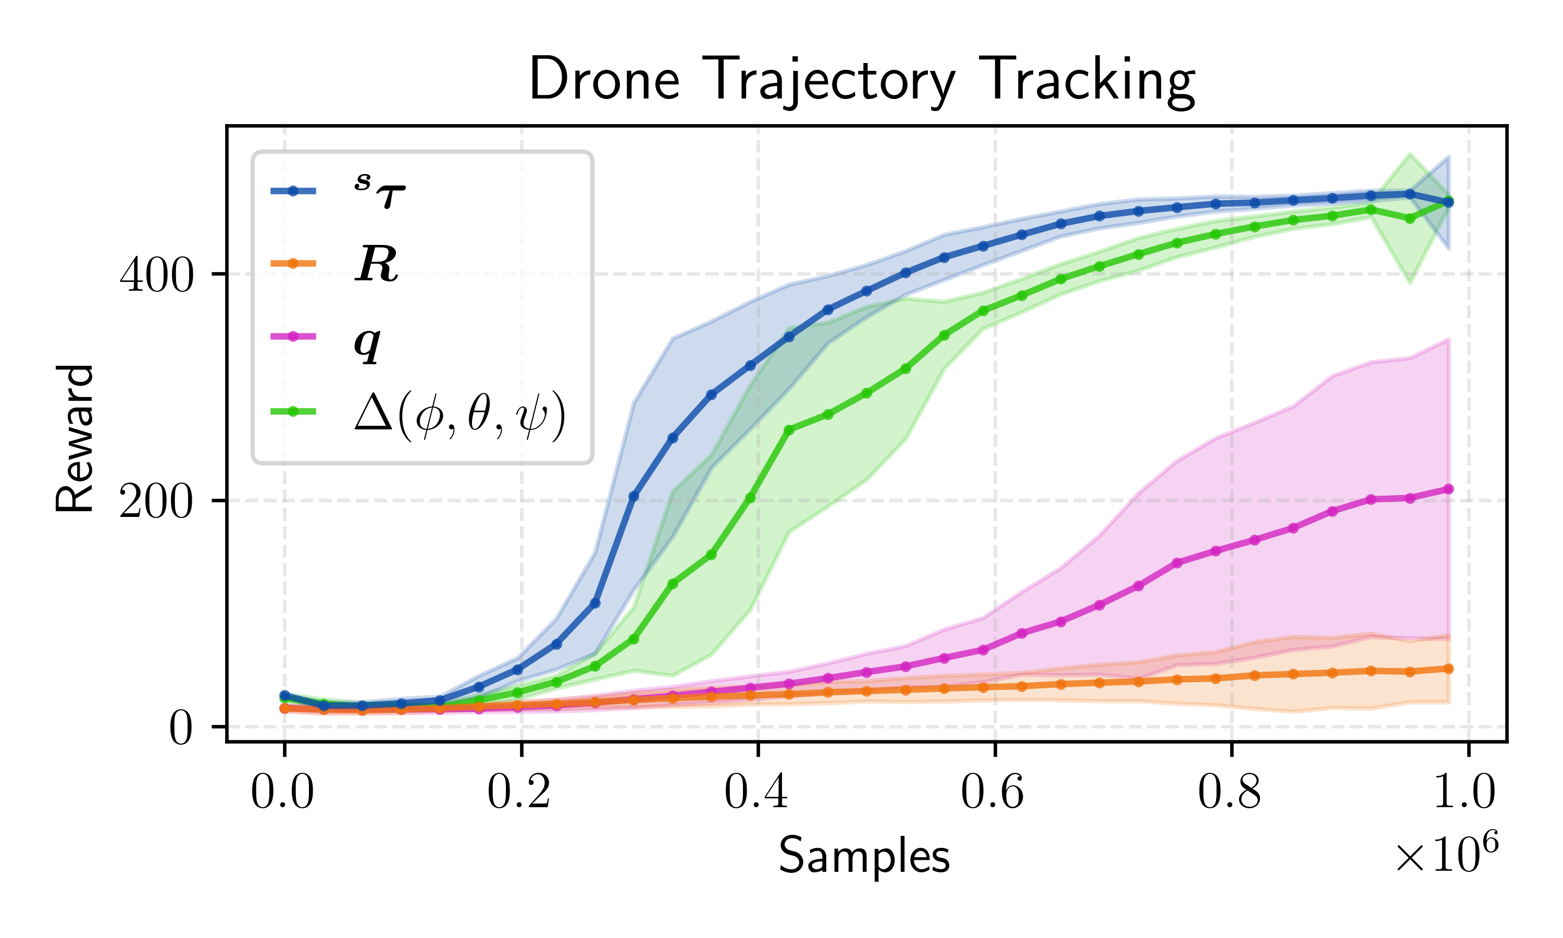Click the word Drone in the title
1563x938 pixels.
tap(604, 80)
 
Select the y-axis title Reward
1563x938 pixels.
tap(75, 438)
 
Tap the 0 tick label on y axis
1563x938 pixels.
tap(180, 730)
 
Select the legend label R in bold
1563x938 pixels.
tap(377, 264)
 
